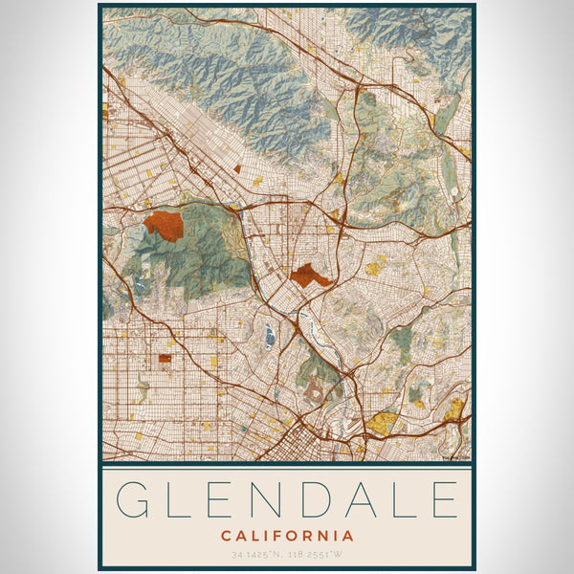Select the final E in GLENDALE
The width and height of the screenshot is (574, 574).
click(443, 500)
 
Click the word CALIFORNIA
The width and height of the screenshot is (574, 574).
click(287, 536)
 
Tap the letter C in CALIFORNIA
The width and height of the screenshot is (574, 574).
click(226, 536)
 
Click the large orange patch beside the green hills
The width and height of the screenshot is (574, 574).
click(163, 225)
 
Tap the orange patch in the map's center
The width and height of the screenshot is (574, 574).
click(311, 276)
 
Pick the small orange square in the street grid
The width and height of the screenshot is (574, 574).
click(165, 359)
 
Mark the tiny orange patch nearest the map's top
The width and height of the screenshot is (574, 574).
click(237, 168)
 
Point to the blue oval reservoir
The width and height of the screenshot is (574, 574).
click(269, 334)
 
